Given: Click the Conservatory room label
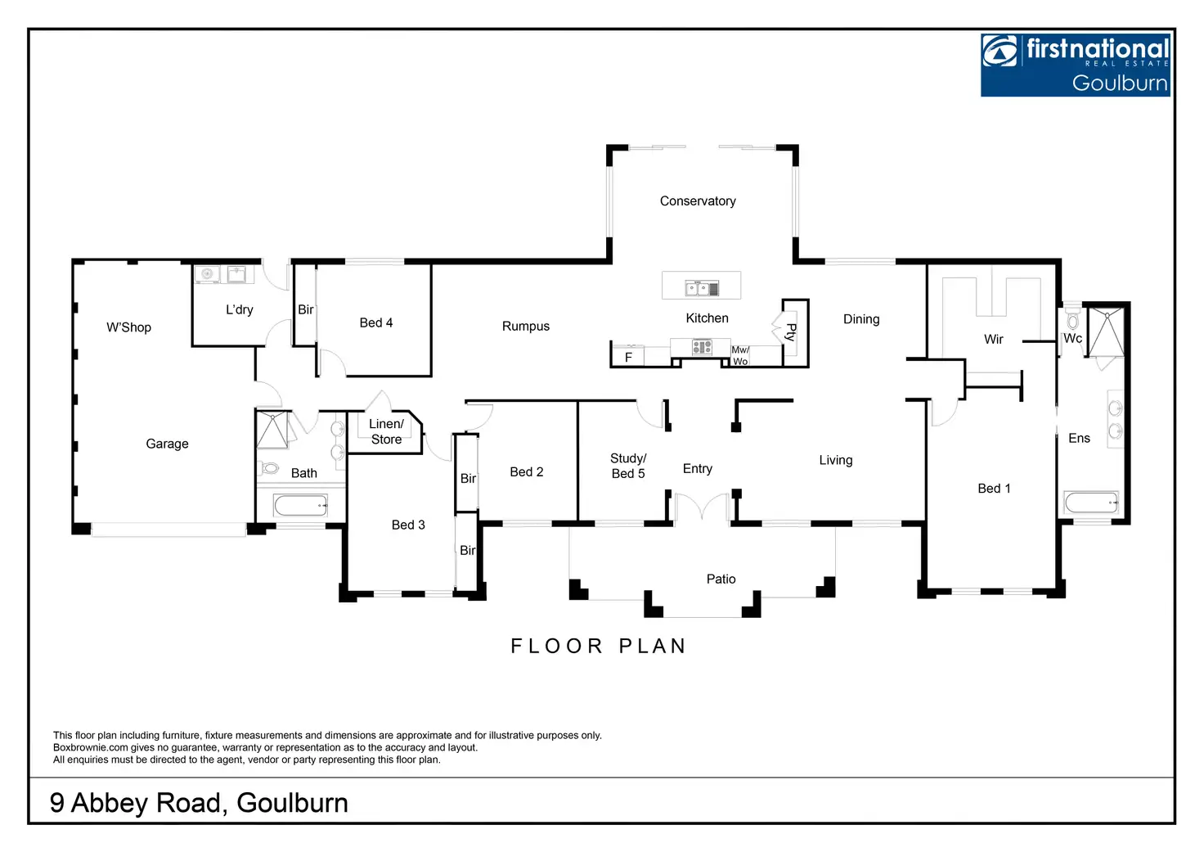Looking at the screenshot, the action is point(698,201).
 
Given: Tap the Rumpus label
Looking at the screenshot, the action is point(526,327).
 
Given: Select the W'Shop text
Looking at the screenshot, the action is point(129,327).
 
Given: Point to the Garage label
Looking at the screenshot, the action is point(168,444).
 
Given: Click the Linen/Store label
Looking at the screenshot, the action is point(386,431).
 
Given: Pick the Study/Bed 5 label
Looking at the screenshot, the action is point(628,466).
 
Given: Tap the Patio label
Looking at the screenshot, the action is point(721,579).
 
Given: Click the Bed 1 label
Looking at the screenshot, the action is point(994,489).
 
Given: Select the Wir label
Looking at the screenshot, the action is point(994,340).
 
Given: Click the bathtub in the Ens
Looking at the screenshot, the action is point(1091,503).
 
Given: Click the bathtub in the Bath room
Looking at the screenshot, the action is point(300,505).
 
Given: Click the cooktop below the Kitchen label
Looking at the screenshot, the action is point(702,348).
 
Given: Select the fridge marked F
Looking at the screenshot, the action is point(628,358).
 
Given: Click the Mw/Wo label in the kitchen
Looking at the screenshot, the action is point(740,355).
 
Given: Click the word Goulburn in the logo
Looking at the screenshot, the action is point(1119,83).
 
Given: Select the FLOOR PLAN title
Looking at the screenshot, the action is point(598,647).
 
